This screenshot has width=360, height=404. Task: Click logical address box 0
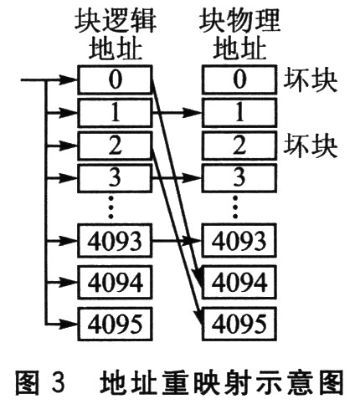pyautogui.click(x=115, y=79)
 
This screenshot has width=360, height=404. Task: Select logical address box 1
pyautogui.click(x=115, y=113)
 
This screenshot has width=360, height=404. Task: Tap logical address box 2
pyautogui.click(x=115, y=146)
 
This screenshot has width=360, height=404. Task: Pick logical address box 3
pyautogui.click(x=115, y=177)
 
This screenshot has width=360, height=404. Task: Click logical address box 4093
pyautogui.click(x=115, y=240)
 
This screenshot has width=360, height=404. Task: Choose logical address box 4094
pyautogui.click(x=115, y=282)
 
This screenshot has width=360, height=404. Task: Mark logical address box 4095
pyautogui.click(x=115, y=324)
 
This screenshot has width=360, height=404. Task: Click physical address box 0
pyautogui.click(x=239, y=79)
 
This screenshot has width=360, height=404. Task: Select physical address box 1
pyautogui.click(x=239, y=113)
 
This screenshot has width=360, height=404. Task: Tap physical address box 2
pyautogui.click(x=239, y=146)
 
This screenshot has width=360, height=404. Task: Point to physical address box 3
pyautogui.click(x=239, y=177)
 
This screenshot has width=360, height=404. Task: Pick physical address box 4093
pyautogui.click(x=239, y=240)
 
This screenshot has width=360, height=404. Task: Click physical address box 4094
pyautogui.click(x=239, y=282)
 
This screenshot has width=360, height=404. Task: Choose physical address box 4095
pyautogui.click(x=239, y=324)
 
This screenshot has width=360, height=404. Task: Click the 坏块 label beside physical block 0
pyautogui.click(x=311, y=81)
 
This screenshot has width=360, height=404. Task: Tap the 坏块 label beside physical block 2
pyautogui.click(x=311, y=146)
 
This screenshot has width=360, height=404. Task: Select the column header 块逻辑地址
pyautogui.click(x=116, y=34)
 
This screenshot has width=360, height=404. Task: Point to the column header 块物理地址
pyautogui.click(x=239, y=34)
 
